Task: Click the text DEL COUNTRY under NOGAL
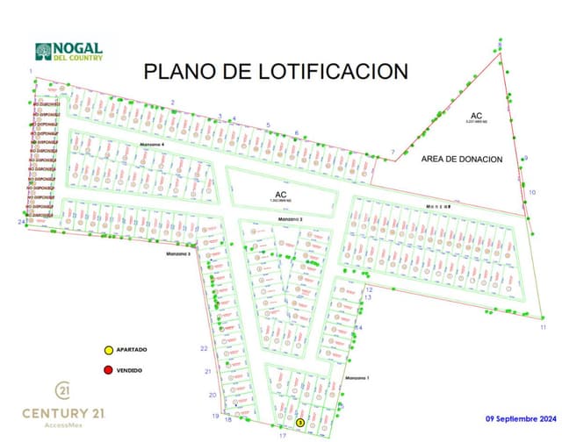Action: click(79, 59)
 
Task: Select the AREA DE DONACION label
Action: click(461, 160)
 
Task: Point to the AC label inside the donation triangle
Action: click(476, 116)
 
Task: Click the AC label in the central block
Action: click(281, 195)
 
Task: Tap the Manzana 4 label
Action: click(152, 145)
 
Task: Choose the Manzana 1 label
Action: click(358, 378)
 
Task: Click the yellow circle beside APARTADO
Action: click(108, 350)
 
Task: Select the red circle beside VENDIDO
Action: click(108, 370)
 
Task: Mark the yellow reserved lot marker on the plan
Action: click(300, 423)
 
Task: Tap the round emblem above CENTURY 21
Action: click(64, 389)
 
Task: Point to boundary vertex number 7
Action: click(393, 153)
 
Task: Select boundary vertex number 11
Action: click(544, 327)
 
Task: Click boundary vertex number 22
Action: click(204, 349)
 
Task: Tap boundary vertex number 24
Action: click(20, 222)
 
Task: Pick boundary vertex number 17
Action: click(283, 435)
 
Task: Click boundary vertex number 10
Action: click(532, 192)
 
